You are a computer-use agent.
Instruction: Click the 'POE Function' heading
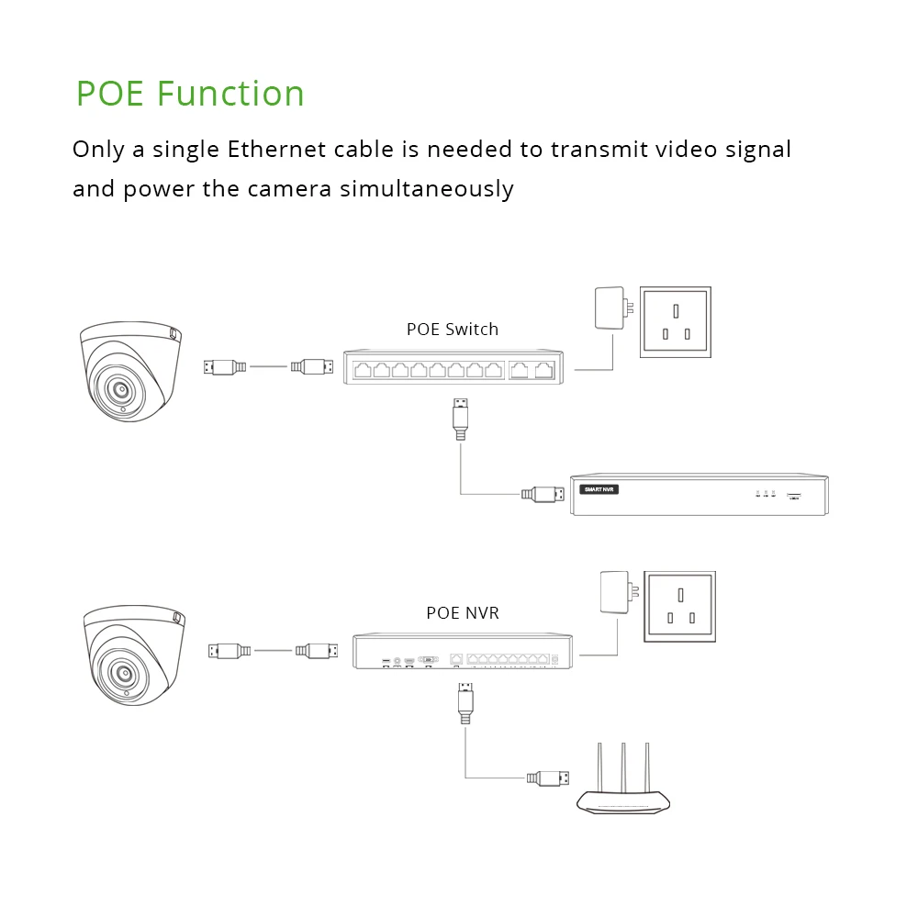coord(190,94)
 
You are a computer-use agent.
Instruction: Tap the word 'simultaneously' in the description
coord(426,189)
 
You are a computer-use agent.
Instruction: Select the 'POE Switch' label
coord(453,329)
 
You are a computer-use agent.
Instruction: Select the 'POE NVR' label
coord(463,612)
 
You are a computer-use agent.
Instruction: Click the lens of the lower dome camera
coord(122,674)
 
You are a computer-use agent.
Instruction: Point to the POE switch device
coord(454,369)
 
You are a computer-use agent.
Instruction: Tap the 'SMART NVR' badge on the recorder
coord(600,489)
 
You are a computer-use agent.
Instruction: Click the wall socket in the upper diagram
coord(676,320)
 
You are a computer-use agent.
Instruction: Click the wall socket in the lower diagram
coord(680,605)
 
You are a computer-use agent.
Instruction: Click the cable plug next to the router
coord(548,778)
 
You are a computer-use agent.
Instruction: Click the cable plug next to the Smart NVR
coord(543,494)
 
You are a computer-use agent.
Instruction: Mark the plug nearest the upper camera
coord(225,367)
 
